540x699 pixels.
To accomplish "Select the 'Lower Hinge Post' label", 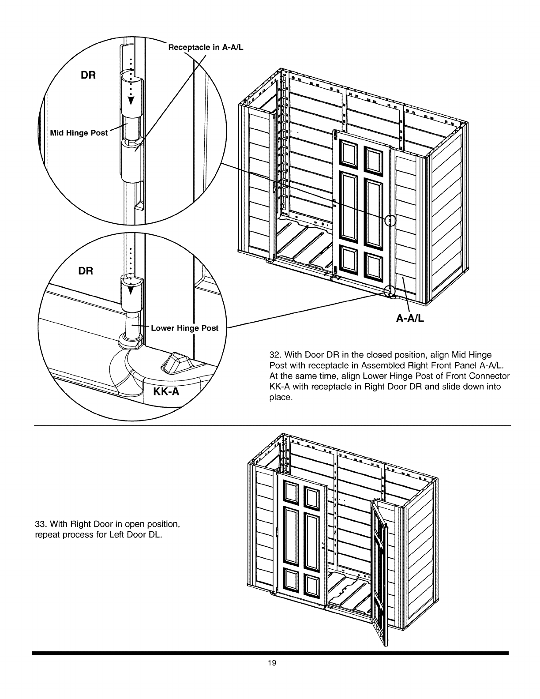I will coord(184,328).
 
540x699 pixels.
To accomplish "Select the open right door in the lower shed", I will coord(379,569).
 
